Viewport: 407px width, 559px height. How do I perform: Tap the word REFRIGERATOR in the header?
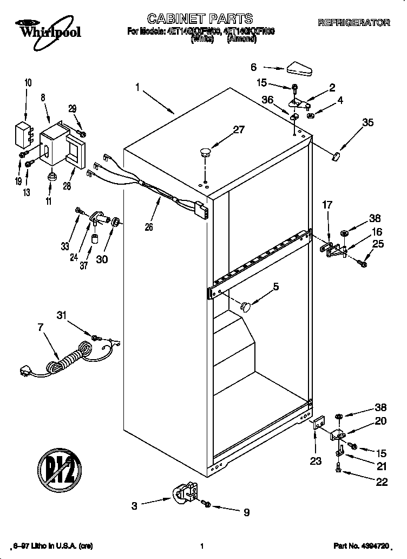pos(353,23)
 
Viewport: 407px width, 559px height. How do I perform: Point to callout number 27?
pos(238,130)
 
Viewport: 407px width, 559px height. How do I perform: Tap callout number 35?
pos(367,122)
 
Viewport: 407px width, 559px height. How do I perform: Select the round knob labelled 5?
pos(246,307)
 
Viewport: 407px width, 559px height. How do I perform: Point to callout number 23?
pos(315,461)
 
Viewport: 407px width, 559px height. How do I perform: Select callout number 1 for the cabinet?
pos(138,86)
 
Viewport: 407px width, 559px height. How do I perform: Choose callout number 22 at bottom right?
pos(382,482)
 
